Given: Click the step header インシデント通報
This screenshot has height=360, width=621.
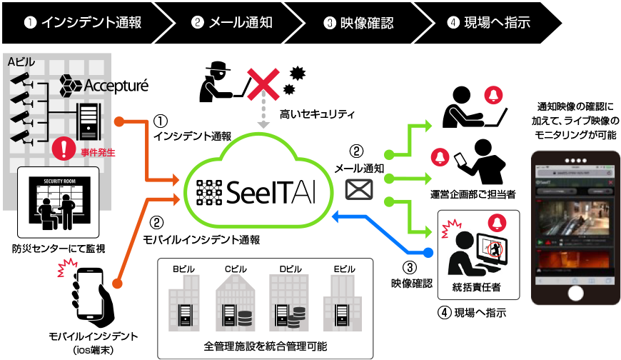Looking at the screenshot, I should tap(83, 22).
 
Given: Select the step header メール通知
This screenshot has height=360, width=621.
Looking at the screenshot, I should tap(232, 22).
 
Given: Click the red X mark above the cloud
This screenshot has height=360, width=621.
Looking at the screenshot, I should tap(263, 84).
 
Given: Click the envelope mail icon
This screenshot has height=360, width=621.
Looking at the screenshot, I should tap(359, 189).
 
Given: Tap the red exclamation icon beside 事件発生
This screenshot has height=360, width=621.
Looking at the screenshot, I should tap(64, 149).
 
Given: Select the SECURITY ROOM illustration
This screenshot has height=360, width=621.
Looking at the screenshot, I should tap(59, 202).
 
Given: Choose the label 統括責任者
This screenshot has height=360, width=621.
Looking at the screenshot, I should tap(478, 287).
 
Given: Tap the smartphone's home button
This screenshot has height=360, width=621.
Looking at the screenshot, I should tap(575, 294).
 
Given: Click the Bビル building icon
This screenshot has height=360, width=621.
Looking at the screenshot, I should tap(184, 304).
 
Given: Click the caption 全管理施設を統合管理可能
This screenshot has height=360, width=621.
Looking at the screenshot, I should tap(265, 346).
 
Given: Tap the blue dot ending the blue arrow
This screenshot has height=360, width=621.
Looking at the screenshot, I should tap(428, 252).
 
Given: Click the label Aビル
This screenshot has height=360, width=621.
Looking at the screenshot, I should tap(21, 63).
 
